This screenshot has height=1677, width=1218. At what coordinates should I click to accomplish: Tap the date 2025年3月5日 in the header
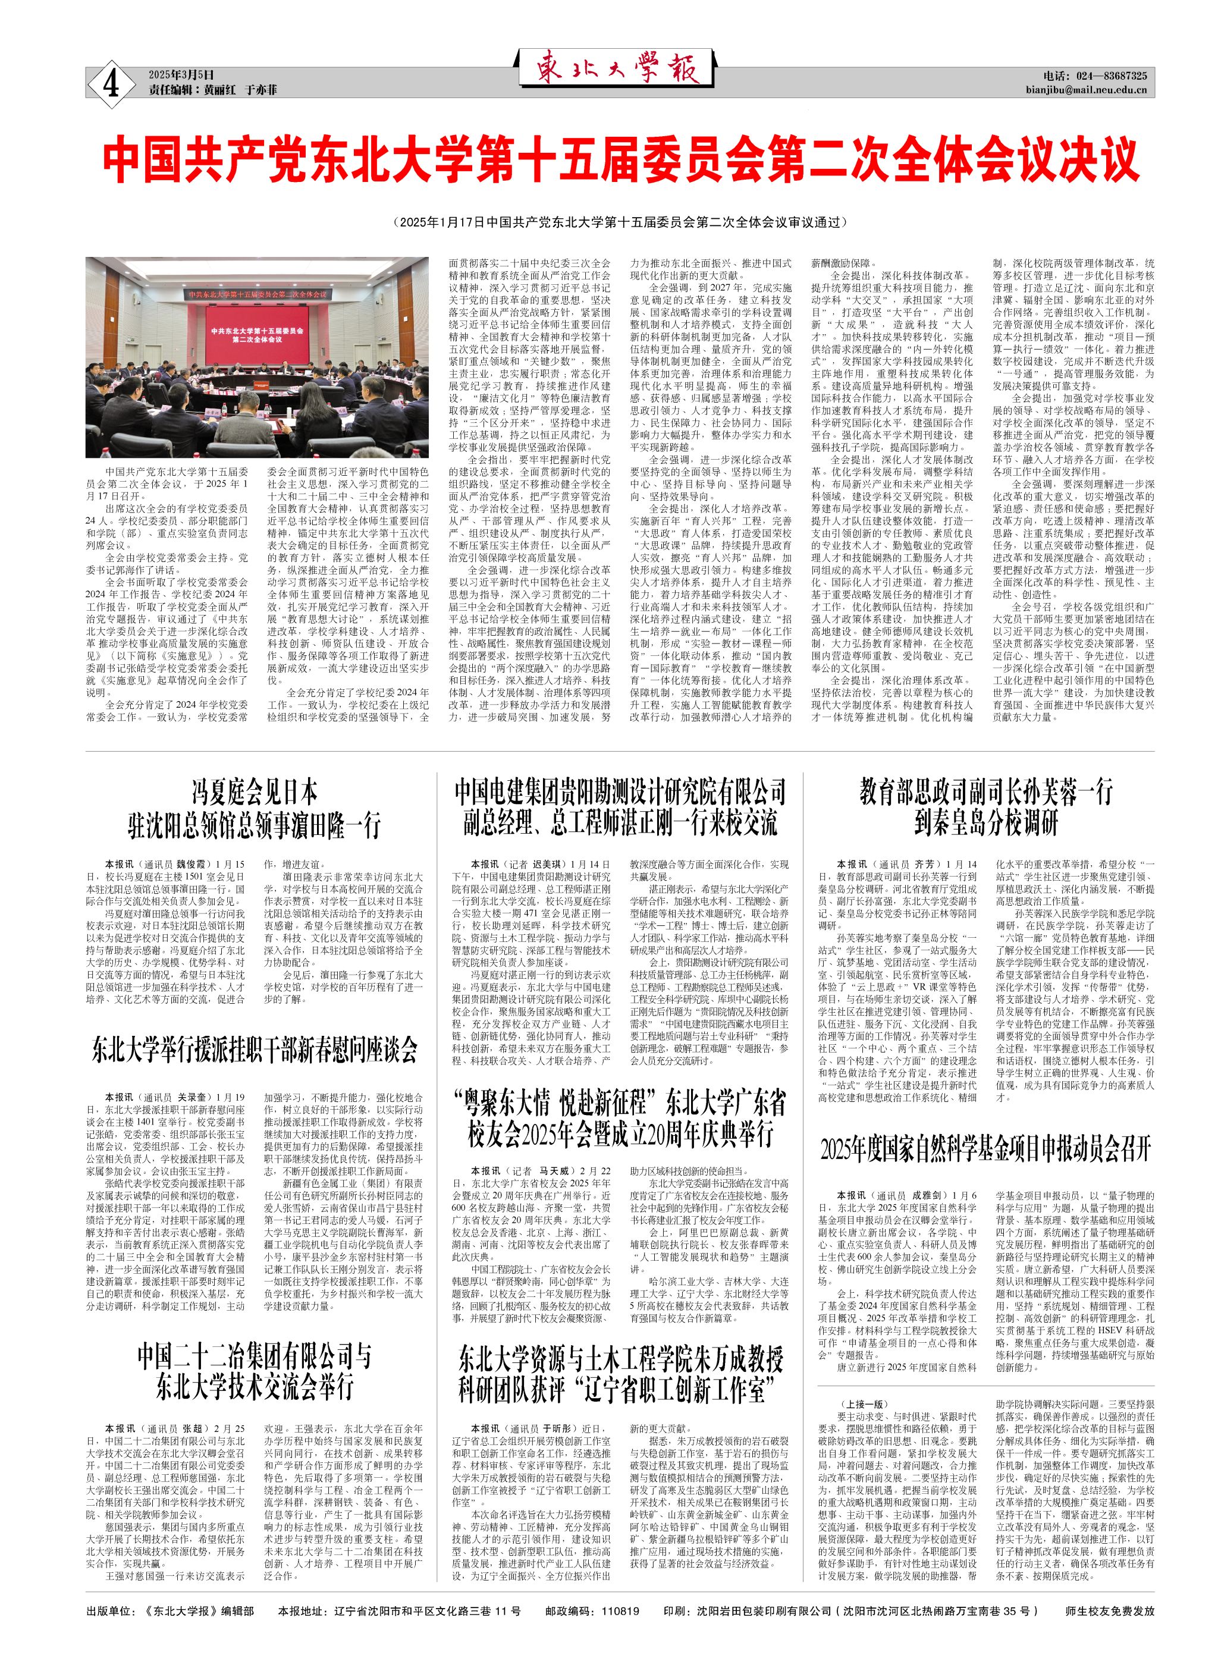coord(181,75)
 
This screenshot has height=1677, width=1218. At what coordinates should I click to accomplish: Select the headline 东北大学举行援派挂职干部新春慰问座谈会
coord(255,1049)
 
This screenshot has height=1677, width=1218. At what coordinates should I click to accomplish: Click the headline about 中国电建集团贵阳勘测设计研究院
coord(620,807)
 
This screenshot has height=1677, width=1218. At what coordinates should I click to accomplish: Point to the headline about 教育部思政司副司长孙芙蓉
coord(986,807)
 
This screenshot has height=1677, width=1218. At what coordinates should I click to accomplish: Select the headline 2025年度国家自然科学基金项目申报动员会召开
coord(986,1150)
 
